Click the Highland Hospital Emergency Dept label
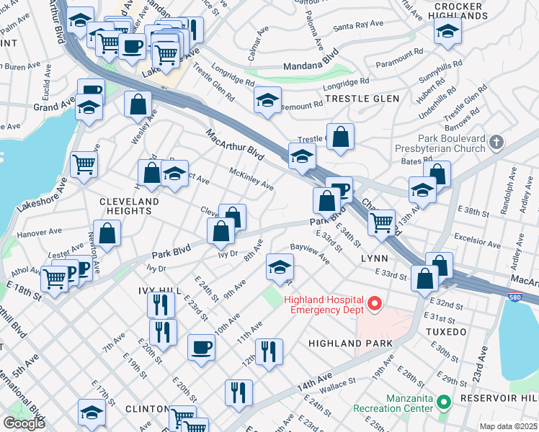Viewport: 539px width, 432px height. coord(324,305)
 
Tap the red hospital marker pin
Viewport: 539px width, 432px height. coord(374,305)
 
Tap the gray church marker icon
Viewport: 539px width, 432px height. coord(496,143)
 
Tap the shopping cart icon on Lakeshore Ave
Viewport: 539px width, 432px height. coord(84,165)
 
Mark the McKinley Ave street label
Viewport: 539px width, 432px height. coord(251,179)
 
